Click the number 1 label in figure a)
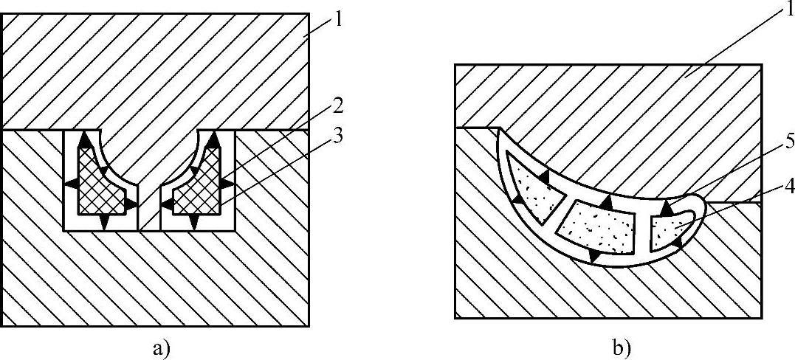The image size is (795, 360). pos(338,18)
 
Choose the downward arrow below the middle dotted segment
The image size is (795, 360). pos(593,255)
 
